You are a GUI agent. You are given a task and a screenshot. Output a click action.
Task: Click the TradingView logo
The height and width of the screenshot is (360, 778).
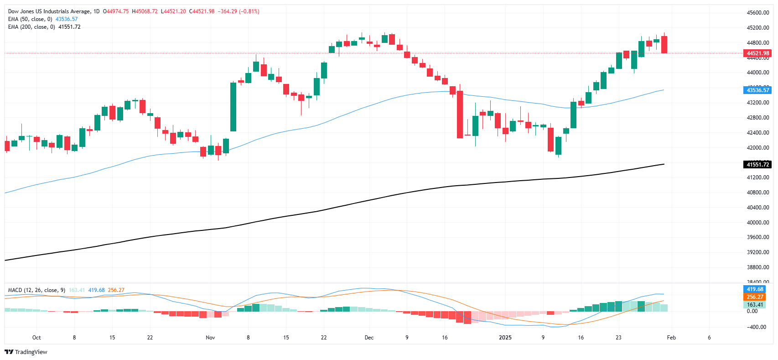26,352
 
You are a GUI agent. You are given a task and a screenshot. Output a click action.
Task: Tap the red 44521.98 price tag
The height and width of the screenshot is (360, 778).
757,53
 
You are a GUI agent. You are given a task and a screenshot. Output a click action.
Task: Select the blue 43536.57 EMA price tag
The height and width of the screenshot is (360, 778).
757,90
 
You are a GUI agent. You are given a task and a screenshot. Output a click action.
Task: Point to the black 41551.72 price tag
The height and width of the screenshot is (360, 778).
757,165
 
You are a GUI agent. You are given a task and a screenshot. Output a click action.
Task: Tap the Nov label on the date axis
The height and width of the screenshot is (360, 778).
210,338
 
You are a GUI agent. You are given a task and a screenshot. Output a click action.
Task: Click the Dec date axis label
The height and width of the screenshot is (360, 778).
369,338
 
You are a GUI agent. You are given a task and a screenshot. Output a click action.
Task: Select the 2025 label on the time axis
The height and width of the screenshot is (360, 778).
505,338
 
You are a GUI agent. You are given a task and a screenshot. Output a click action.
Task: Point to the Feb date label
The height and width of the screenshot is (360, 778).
671,338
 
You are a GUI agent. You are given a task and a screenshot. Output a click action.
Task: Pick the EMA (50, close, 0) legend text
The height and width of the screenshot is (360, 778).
30,19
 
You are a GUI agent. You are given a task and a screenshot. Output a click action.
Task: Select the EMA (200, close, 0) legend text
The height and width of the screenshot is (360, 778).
31,27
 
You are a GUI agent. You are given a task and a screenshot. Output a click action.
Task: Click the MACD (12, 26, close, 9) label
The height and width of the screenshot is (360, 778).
36,290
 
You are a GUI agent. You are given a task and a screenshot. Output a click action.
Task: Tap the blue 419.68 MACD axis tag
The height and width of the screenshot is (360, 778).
755,289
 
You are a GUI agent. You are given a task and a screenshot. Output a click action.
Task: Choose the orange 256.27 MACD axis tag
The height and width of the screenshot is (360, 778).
755,297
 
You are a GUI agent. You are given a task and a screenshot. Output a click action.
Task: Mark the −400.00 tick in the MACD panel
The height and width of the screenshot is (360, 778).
757,327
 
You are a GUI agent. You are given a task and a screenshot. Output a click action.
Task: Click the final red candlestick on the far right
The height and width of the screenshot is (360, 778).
664,45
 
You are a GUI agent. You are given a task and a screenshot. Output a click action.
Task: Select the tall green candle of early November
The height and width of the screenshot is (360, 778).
233,107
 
